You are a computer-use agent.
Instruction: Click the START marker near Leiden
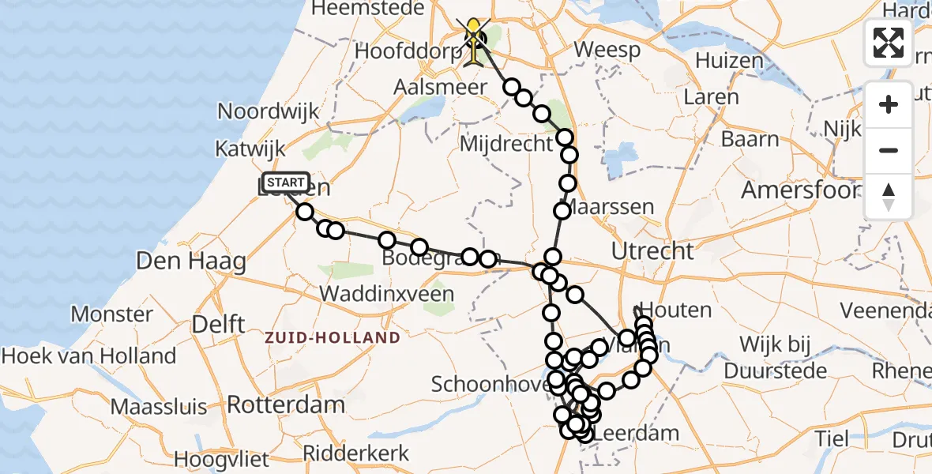click(285, 183)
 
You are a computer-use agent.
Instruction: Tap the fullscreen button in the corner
click(889, 42)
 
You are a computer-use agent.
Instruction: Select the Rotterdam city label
click(286, 405)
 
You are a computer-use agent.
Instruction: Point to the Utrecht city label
click(652, 251)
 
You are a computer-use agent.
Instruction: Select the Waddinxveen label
click(386, 295)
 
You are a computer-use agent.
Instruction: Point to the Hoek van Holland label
click(88, 355)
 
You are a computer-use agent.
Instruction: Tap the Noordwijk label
click(269, 111)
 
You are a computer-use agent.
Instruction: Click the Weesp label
click(606, 48)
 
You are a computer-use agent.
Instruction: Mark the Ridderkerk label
click(356, 453)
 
